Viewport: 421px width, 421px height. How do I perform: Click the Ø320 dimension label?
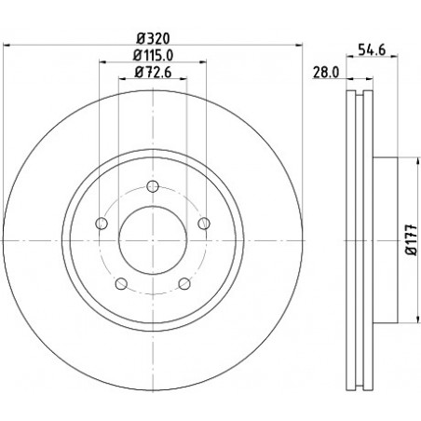pos(154,39)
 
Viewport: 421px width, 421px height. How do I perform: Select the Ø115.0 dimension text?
pos(153,56)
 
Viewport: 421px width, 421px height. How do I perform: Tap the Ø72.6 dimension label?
pos(153,73)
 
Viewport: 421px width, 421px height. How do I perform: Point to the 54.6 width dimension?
pos(372,49)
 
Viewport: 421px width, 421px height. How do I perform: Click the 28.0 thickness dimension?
pos(326,73)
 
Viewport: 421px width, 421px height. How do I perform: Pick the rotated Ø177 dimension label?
pos(413,239)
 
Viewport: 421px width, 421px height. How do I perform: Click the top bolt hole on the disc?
pos(153,186)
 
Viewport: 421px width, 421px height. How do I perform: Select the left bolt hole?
pos(102,224)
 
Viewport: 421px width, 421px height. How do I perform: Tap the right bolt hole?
pos(204,224)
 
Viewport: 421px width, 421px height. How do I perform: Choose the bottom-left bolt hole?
pos(121,283)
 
